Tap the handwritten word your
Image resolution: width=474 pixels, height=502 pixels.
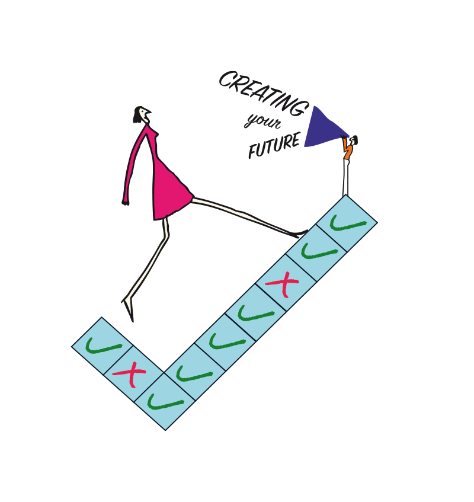[x=263, y=121]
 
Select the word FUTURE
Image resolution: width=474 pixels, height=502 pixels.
[x=274, y=146]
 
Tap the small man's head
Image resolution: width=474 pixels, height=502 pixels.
[x=354, y=140]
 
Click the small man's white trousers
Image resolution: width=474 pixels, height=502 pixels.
[x=346, y=177]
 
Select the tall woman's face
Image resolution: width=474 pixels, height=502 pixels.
[x=145, y=114]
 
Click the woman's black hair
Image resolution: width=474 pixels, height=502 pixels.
[x=137, y=114]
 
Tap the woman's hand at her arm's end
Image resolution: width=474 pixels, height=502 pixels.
[x=125, y=202]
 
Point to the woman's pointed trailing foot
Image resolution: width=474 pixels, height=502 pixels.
[x=129, y=309]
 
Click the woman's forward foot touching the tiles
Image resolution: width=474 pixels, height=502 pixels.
[x=299, y=234]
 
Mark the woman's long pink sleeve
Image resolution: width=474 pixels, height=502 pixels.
[x=134, y=163]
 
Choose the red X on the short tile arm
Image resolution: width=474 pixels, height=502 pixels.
[x=130, y=373]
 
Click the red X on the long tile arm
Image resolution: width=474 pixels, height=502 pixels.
[x=283, y=284]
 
